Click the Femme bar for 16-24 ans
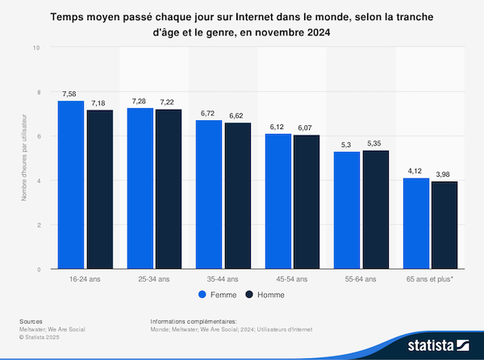click(x=71, y=185)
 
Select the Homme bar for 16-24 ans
click(x=99, y=190)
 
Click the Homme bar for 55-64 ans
click(x=377, y=210)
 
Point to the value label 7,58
click(x=71, y=94)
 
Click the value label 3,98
click(x=444, y=174)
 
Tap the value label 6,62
click(x=238, y=115)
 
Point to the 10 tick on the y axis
click(x=35, y=48)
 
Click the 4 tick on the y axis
click(x=37, y=181)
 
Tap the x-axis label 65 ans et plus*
click(x=431, y=279)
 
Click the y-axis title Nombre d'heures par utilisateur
click(x=23, y=157)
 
